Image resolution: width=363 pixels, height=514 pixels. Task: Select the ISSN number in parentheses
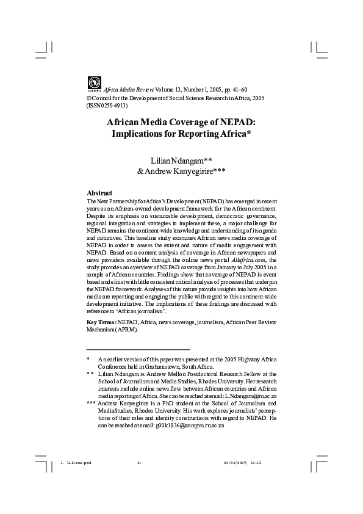point(107,105)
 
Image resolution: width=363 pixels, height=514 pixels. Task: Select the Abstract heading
point(99,192)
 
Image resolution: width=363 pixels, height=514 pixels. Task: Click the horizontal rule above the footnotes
point(138,349)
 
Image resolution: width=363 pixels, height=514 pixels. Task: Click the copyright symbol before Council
point(90,98)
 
